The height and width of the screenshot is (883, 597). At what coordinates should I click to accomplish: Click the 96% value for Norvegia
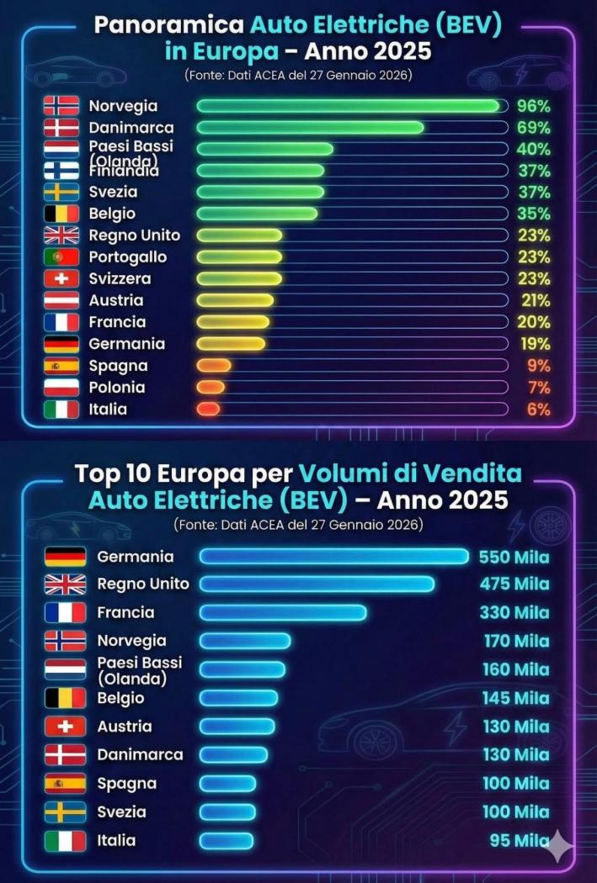pos(533,106)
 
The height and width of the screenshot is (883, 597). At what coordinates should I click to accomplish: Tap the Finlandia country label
pos(124,171)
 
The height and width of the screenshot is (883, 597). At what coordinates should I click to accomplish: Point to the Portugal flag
pos(61,257)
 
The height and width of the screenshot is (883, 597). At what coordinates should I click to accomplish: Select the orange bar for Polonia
pos(211,387)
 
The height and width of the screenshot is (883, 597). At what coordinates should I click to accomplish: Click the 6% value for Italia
pos(538,410)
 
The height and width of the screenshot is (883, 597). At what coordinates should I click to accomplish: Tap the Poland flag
pos(61,388)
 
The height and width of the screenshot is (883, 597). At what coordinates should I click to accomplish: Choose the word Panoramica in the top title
pos(149,25)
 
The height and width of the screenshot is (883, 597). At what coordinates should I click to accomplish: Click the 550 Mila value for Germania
pos(514,557)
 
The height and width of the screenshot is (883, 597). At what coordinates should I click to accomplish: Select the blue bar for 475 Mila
pos(317,584)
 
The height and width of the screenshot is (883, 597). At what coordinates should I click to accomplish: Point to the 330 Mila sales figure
pos(514,613)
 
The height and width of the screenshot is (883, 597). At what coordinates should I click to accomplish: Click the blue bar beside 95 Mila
pos(227,840)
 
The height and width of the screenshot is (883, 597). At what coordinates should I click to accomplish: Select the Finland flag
pos(61,171)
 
